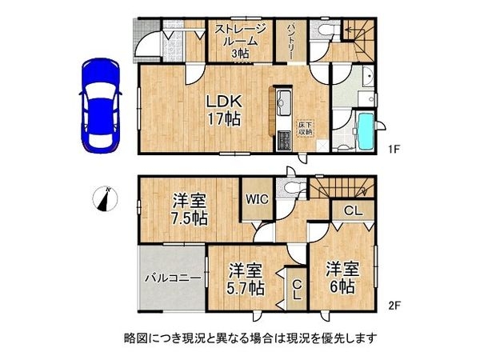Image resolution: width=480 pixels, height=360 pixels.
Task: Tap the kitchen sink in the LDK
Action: coord(284,102)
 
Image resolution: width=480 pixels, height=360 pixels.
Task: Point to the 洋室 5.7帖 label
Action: coord(245,279)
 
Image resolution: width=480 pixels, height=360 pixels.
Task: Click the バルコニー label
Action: coord(171,280)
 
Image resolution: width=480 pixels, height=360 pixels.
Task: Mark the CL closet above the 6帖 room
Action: coord(351,210)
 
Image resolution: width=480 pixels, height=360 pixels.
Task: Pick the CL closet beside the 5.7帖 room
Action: coord(295,288)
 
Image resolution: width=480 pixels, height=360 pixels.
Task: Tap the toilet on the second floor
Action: coord(291,188)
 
